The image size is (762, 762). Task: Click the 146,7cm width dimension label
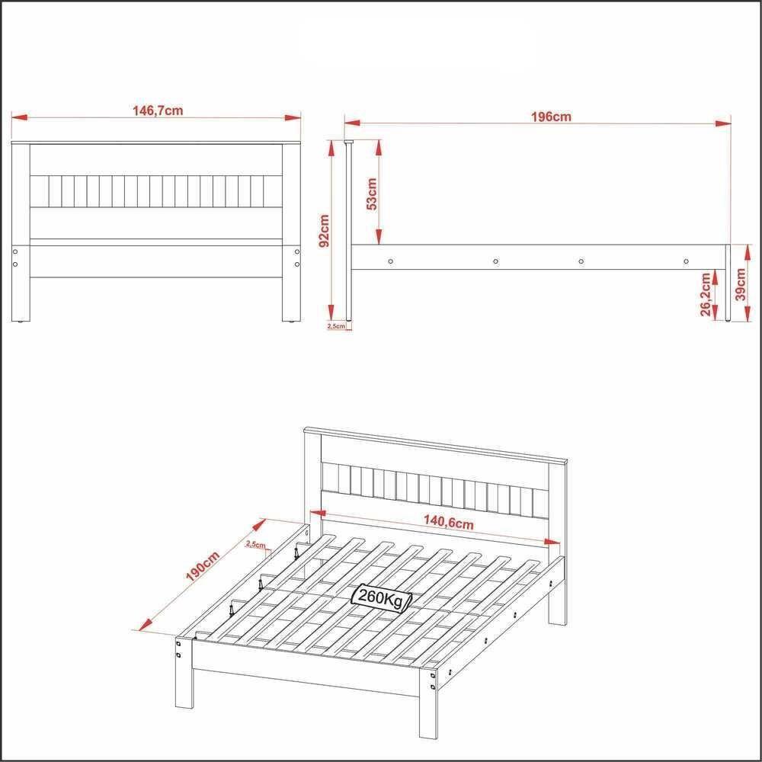click(158, 110)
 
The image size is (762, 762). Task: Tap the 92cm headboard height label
click(325, 231)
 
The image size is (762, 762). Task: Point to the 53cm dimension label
click(372, 194)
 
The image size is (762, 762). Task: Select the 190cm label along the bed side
click(203, 565)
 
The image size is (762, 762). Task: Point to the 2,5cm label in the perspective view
click(256, 544)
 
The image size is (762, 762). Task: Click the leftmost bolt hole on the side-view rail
click(391, 261)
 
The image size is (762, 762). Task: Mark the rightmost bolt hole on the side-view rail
click(686, 261)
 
